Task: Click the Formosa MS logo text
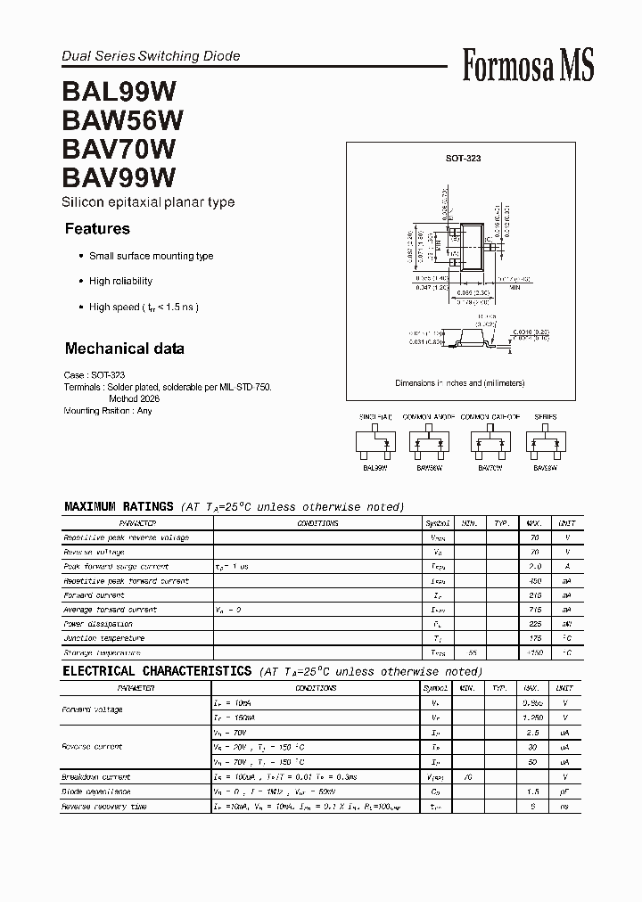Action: [528, 66]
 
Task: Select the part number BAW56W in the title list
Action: [122, 119]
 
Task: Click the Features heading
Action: [97, 229]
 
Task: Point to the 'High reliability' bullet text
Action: [120, 281]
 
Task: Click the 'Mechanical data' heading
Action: [125, 348]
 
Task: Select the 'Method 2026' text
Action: [135, 399]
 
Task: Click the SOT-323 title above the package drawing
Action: [464, 158]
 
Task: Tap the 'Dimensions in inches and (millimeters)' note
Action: [460, 382]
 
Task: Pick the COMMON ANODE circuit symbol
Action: [428, 442]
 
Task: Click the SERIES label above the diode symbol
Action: [545, 417]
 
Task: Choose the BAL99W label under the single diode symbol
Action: [374, 467]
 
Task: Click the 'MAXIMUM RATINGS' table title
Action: [119, 506]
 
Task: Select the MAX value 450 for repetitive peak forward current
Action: [534, 581]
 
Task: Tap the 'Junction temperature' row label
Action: [103, 638]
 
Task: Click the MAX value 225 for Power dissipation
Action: [534, 624]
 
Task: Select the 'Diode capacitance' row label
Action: [96, 791]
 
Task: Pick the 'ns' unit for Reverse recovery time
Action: [564, 806]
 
